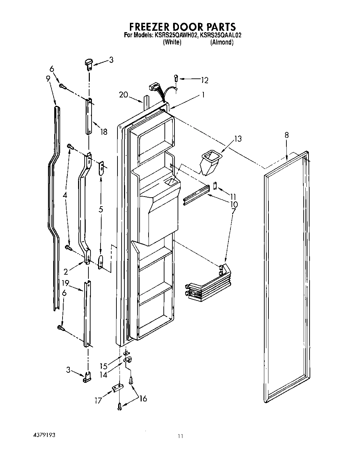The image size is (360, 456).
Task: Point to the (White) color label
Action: point(172,42)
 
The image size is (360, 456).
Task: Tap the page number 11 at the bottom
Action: point(180,436)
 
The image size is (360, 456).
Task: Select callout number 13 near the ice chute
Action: point(238,139)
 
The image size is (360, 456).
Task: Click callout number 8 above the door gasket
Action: point(287,135)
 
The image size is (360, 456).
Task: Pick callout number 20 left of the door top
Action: point(123,94)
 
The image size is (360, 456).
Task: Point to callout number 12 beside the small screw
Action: point(205,80)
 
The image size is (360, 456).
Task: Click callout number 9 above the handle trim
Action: point(48,78)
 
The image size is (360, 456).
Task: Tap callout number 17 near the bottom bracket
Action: point(98,400)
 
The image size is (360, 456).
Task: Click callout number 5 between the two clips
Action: point(101,209)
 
